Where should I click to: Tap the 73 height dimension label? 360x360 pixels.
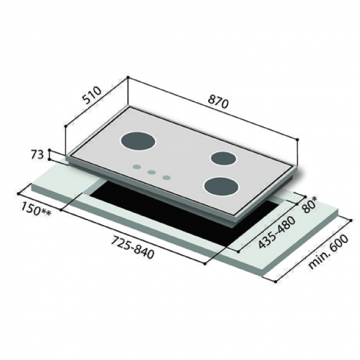pyautogui.click(x=37, y=155)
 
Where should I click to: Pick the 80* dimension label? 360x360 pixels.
pyautogui.click(x=311, y=205)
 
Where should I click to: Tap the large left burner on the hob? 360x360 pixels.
pyautogui.click(x=139, y=142)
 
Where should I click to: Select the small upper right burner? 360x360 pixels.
pyautogui.click(x=223, y=158)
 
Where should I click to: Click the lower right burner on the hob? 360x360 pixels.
pyautogui.click(x=220, y=187)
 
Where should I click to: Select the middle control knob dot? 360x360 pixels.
pyautogui.click(x=152, y=172)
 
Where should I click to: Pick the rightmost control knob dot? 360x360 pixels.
pyautogui.click(x=166, y=177)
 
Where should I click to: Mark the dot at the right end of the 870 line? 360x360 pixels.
pyautogui.click(x=298, y=139)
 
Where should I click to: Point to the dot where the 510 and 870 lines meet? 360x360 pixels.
pyautogui.click(x=128, y=79)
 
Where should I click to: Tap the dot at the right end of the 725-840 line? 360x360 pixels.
pyautogui.click(x=205, y=262)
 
